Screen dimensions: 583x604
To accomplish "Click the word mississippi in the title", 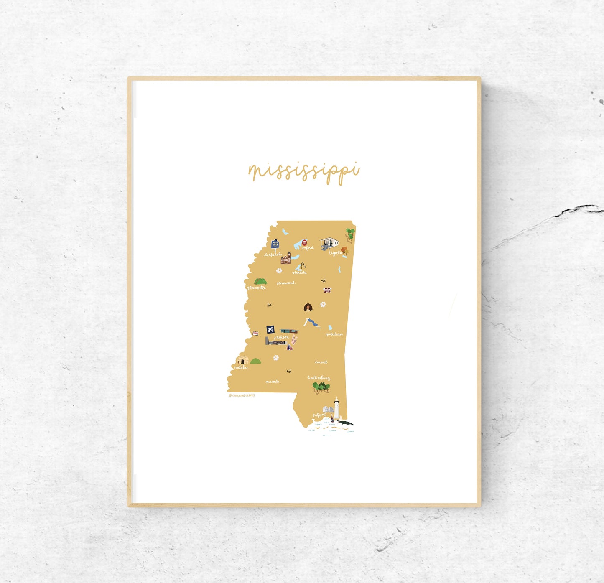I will click(304, 171).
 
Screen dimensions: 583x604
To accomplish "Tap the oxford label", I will click(308, 248).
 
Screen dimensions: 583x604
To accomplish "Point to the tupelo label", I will click(335, 253).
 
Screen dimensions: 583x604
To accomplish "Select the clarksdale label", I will click(273, 254).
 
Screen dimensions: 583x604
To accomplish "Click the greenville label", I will click(256, 288).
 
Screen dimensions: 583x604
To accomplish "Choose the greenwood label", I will click(286, 283).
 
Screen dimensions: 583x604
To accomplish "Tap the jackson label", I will click(281, 337).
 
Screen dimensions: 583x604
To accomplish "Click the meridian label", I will click(334, 334).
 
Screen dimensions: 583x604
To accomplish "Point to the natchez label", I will click(242, 368).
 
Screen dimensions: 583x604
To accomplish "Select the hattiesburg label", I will click(319, 378).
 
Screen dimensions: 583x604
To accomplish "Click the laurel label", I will click(321, 362).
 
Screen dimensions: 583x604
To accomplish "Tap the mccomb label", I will click(272, 382).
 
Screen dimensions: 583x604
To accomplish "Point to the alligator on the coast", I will click(345, 423).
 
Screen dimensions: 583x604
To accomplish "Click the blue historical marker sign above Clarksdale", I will click(275, 244).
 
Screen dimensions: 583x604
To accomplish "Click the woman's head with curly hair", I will click(308, 308).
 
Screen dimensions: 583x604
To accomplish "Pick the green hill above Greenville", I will click(260, 281).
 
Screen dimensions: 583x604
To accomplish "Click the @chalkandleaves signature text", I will click(242, 395).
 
